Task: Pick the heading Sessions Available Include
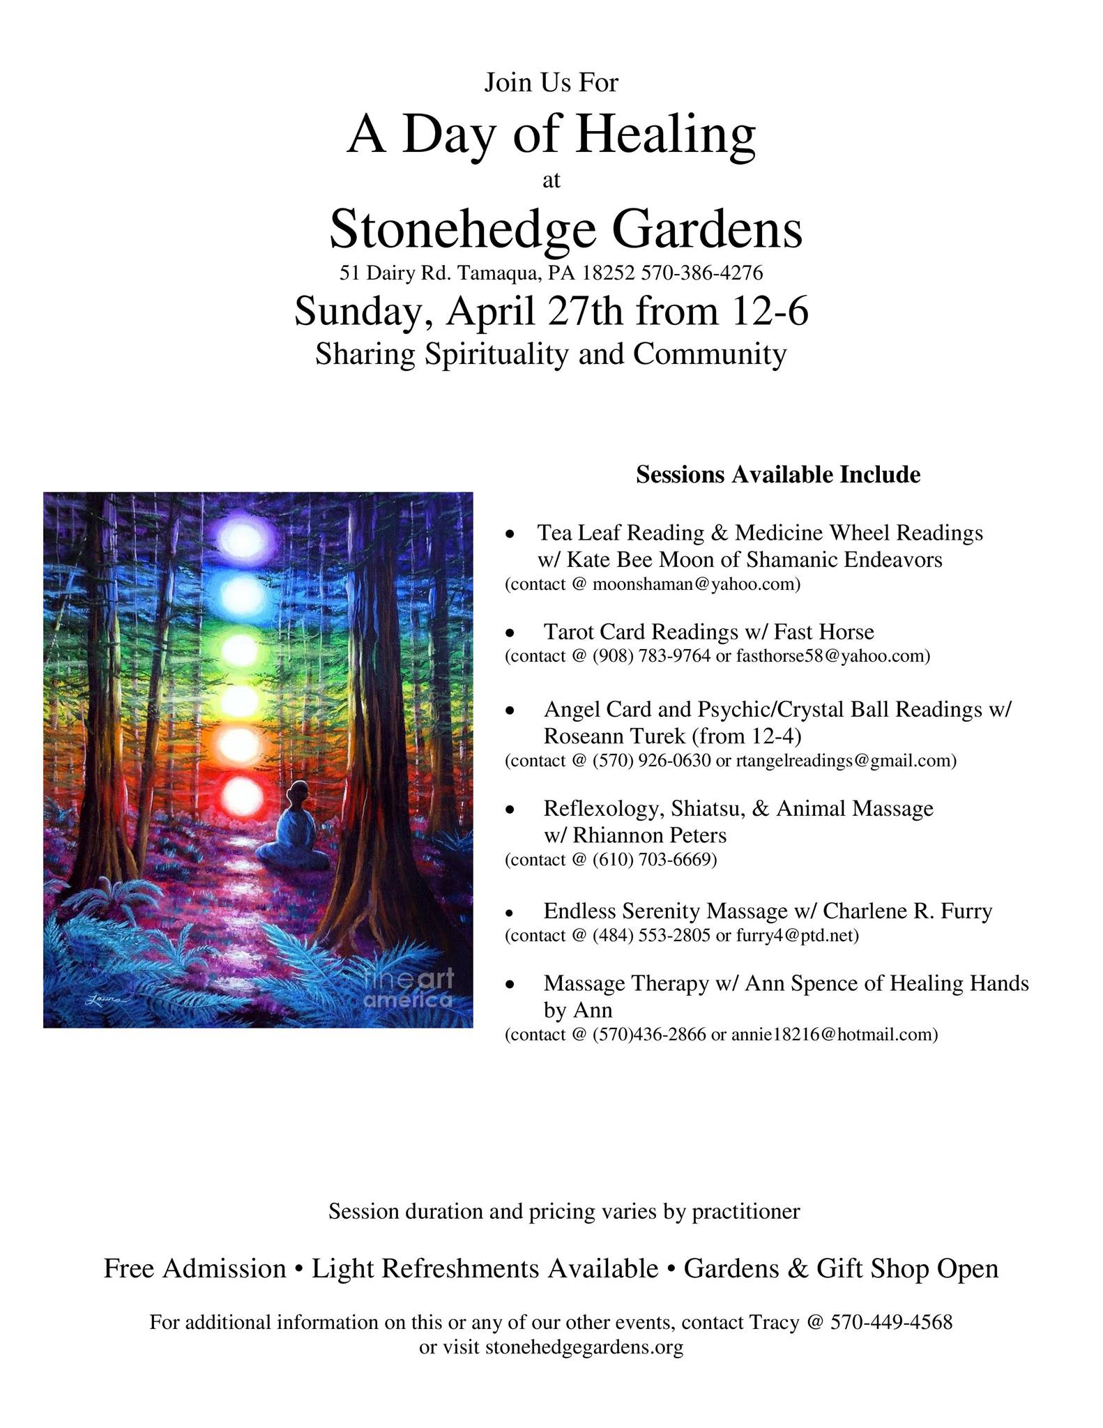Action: pyautogui.click(x=778, y=475)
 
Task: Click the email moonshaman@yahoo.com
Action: pyautogui.click(x=695, y=584)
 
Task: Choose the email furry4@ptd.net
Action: pyautogui.click(x=797, y=935)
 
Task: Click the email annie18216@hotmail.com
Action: pyautogui.click(x=834, y=1034)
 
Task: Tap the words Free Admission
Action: pyautogui.click(x=195, y=1268)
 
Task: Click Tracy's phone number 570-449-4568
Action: pyautogui.click(x=891, y=1322)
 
